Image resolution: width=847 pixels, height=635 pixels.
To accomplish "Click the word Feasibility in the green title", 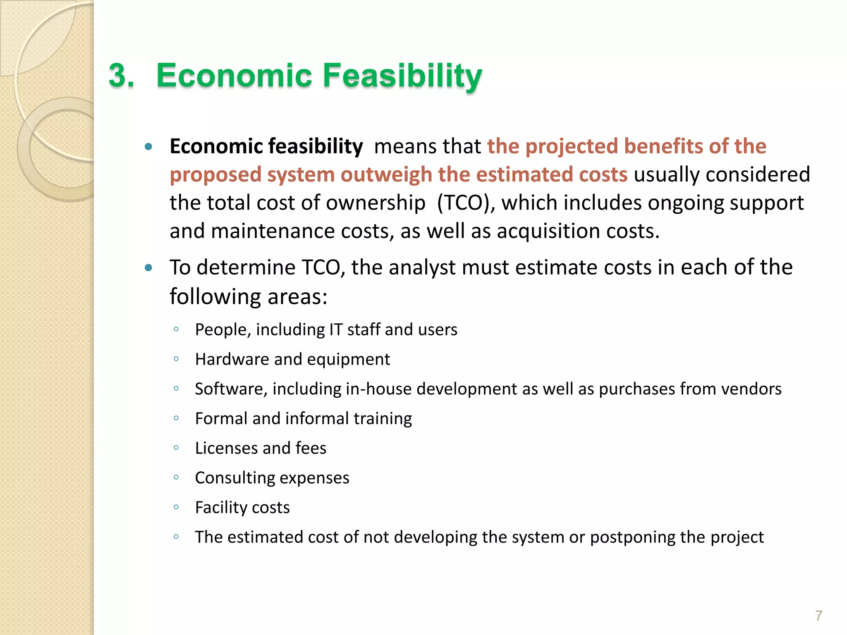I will coord(402,76).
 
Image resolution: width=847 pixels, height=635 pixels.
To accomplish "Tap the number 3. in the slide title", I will coord(122,76).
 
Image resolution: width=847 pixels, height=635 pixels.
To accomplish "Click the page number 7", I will coord(818,616).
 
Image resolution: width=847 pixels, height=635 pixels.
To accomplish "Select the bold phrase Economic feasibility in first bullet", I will coord(266,146).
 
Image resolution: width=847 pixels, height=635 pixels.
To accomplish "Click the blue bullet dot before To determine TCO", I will coord(148,268).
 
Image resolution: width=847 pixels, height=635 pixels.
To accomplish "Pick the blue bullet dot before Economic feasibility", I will coord(148,147).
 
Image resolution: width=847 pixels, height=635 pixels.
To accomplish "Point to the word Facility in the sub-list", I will coord(221,508).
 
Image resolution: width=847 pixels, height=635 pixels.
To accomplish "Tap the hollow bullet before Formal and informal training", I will coord(176,418).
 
